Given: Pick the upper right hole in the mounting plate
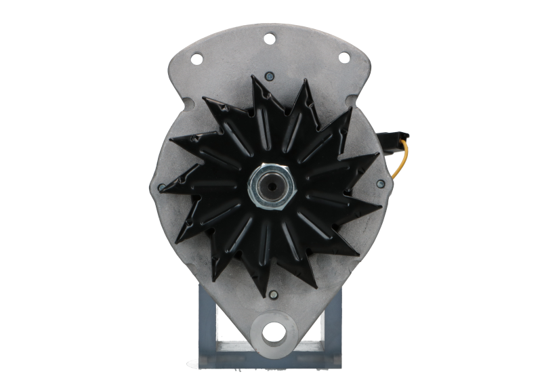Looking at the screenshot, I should coord(343,57).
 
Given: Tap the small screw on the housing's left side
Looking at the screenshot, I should coord(163,184).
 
